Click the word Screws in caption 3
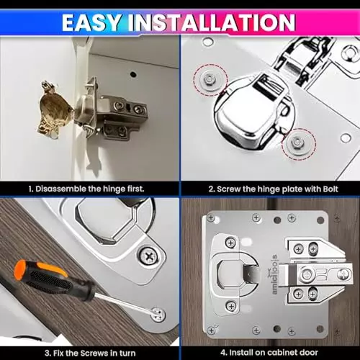102,352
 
